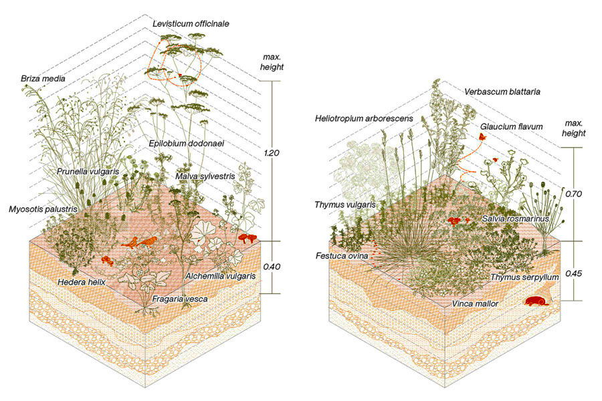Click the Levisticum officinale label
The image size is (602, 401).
[191, 24]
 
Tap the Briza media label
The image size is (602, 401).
[43, 79]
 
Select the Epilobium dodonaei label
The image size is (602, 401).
[187, 144]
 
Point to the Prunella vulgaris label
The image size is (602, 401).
[88, 172]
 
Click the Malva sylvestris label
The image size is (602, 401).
[205, 176]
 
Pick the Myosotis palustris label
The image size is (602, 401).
[43, 209]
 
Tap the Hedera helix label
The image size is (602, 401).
[82, 283]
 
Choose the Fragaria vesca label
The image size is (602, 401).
[180, 299]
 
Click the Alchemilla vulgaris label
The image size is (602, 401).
[220, 276]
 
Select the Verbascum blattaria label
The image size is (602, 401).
[502, 92]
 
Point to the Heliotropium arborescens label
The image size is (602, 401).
[364, 118]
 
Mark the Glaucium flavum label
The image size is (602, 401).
[512, 126]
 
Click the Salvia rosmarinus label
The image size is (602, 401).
[515, 219]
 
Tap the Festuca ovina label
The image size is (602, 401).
[342, 255]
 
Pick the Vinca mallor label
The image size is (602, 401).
[475, 304]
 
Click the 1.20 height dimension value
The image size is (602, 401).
[272, 153]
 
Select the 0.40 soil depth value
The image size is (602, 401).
[272, 266]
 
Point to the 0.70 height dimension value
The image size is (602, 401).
[574, 194]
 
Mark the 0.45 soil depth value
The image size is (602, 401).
[574, 273]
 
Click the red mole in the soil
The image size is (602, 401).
[536, 301]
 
